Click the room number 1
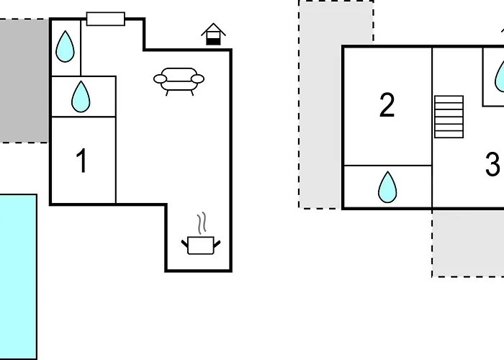coord(82,161)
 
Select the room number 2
coord(387,105)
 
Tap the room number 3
coord(492,164)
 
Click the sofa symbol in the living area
coord(179,81)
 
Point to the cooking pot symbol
coord(201,246)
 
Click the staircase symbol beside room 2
coord(449,117)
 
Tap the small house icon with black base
coord(213,34)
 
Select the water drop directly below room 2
coord(387,187)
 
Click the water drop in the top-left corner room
coord(65,47)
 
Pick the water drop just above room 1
coord(81,96)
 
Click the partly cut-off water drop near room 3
coord(500,77)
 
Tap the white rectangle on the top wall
coord(105,19)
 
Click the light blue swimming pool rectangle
coord(18,276)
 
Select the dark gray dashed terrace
coord(24,81)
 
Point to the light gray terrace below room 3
coord(468,243)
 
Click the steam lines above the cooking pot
coord(202,222)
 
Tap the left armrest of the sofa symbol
coord(160,78)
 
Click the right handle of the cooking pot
coord(217,244)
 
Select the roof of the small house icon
coord(213,30)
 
